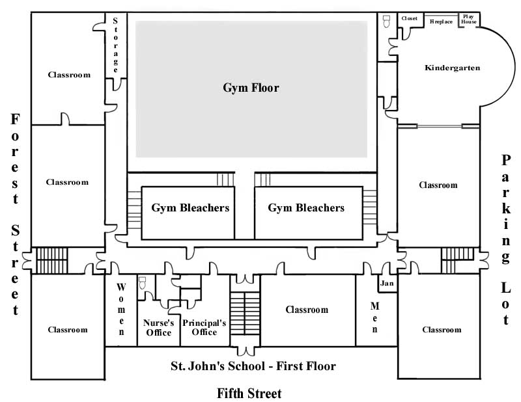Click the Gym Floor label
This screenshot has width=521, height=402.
(251, 88)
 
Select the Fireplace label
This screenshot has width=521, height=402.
(441, 21)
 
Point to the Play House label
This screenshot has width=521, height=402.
(469, 19)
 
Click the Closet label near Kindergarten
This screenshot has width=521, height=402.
(410, 18)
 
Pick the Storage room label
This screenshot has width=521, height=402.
(116, 44)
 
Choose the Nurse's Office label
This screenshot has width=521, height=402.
(158, 328)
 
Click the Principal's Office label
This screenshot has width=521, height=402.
(204, 328)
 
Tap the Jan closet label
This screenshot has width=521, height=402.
(387, 284)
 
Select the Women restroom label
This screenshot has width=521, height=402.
(121, 309)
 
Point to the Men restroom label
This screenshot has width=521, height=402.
(374, 317)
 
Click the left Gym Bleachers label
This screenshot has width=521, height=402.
(190, 208)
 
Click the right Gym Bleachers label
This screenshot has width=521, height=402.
(306, 208)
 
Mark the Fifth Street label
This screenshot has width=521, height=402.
(249, 393)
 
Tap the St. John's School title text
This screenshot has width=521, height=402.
(253, 366)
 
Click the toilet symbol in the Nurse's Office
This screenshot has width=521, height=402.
(143, 282)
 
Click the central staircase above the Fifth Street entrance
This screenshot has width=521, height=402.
(245, 312)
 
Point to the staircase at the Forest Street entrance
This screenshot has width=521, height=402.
(47, 261)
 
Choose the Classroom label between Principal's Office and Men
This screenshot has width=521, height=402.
(307, 310)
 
